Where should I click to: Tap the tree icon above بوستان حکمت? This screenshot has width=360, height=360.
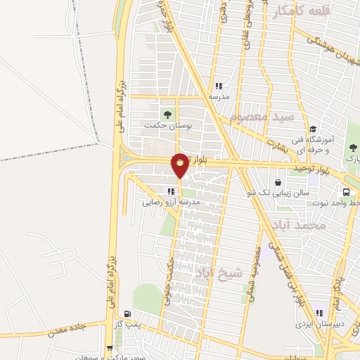point(167,114)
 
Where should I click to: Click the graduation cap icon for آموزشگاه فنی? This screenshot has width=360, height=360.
point(314,129)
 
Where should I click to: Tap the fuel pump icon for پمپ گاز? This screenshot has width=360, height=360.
point(127,314)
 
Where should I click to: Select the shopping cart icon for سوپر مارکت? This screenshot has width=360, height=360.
point(110,347)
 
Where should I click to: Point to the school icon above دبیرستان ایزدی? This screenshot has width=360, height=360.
point(319,313)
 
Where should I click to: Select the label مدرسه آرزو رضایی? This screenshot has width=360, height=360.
point(172,201)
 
